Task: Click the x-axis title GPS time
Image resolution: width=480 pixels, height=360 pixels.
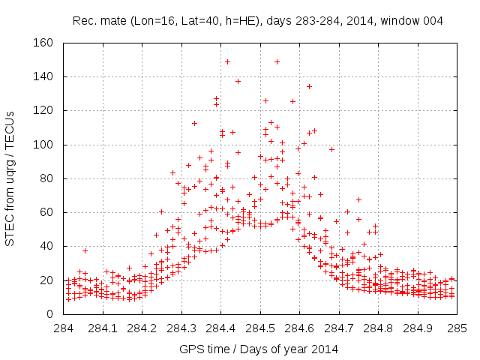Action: coord(259,349)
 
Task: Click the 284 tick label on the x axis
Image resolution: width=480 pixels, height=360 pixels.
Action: coord(64,328)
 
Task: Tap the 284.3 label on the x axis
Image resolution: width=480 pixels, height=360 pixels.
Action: coord(182,328)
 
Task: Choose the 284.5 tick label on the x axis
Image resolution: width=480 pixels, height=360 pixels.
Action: coord(260,328)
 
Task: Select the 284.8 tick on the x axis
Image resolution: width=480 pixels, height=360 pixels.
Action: coord(379,328)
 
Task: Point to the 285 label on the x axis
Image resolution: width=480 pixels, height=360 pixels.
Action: coord(457,328)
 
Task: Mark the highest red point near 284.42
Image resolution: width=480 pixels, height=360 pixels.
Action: coord(227,61)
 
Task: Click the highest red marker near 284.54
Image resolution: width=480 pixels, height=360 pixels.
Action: coord(277,61)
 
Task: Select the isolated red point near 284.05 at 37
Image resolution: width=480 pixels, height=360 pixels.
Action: coord(85,250)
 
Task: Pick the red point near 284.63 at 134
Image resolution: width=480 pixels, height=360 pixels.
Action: coord(309,86)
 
